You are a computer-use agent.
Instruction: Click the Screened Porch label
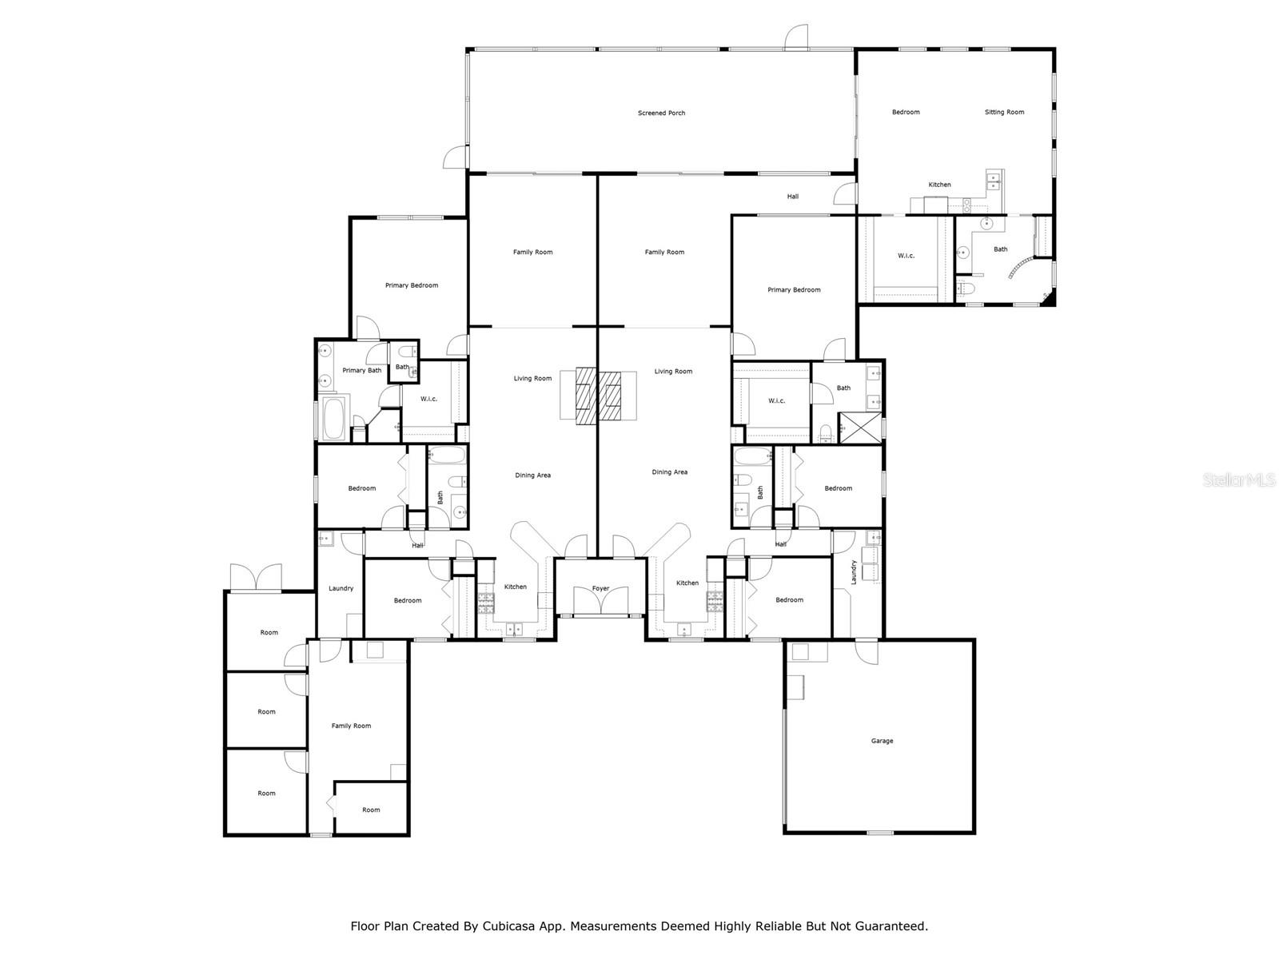click(661, 113)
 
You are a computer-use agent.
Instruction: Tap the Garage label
click(882, 741)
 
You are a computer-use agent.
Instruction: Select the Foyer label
click(600, 588)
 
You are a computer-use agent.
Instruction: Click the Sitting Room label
click(1004, 112)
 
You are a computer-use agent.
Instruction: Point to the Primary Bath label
click(361, 370)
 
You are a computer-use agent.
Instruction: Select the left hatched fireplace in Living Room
click(587, 395)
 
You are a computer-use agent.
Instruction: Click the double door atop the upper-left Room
click(256, 578)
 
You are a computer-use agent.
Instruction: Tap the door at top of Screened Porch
click(796, 36)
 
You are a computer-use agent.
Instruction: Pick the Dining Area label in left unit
click(532, 476)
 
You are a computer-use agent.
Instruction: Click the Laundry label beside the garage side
click(854, 572)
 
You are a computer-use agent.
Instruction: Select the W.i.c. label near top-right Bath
click(906, 256)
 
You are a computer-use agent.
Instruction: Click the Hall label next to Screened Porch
click(792, 196)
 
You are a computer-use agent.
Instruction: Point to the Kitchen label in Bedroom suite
click(939, 185)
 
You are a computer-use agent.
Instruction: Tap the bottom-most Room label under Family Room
click(371, 810)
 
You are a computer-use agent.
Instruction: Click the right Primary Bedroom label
click(794, 289)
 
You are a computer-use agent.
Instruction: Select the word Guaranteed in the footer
click(890, 926)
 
